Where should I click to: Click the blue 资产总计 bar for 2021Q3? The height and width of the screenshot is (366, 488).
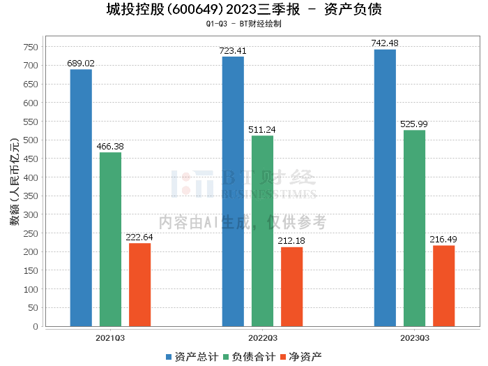81,198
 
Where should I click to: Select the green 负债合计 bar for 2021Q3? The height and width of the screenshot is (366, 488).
110,239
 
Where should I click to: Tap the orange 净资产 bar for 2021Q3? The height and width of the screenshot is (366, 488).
139,284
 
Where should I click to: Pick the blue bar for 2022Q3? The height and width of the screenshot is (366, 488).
233,191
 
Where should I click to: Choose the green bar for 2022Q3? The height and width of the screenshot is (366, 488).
262,230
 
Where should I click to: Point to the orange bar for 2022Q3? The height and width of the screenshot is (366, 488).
291,286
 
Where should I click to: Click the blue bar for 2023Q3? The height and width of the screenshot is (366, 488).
385,188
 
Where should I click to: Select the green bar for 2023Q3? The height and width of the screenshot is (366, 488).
414,228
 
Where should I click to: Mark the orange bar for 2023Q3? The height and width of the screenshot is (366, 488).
443,286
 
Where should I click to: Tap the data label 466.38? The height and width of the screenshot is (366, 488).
110,147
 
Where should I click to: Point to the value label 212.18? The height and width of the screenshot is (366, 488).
291,241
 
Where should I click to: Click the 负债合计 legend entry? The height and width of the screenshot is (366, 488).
248,357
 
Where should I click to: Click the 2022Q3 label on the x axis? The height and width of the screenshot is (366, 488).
262,337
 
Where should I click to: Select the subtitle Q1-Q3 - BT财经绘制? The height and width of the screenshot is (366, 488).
244,24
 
